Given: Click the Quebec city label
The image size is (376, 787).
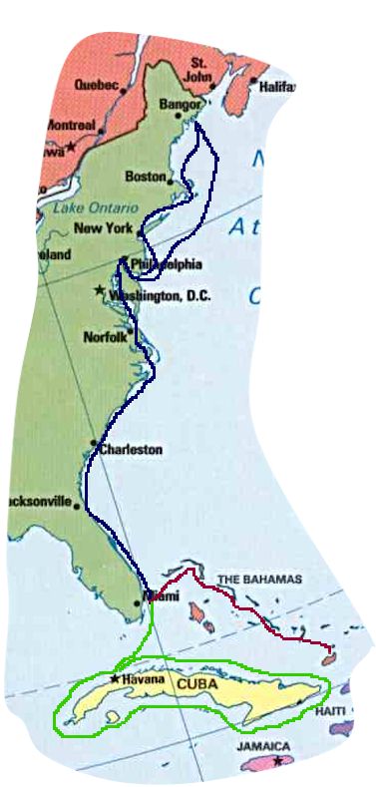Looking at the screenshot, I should point(96,85).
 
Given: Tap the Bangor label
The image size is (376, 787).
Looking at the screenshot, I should point(180,103).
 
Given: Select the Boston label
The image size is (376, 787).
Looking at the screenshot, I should point(145,176).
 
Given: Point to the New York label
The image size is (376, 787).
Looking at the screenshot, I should point(104,228).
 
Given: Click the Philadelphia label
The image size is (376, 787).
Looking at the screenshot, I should point(164,264).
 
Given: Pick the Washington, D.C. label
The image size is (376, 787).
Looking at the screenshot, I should point(160,295).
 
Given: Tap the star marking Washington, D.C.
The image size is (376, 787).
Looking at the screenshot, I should point(99,290).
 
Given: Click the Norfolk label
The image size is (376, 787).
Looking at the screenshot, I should point(105,336).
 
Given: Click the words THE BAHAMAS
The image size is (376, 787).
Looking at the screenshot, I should point(259,580).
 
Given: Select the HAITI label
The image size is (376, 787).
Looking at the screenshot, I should point(330,711).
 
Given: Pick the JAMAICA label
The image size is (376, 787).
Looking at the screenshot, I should point(263,746).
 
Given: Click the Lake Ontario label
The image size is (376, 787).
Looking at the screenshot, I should point(74,207).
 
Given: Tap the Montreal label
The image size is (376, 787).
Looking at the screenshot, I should point(70,126).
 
